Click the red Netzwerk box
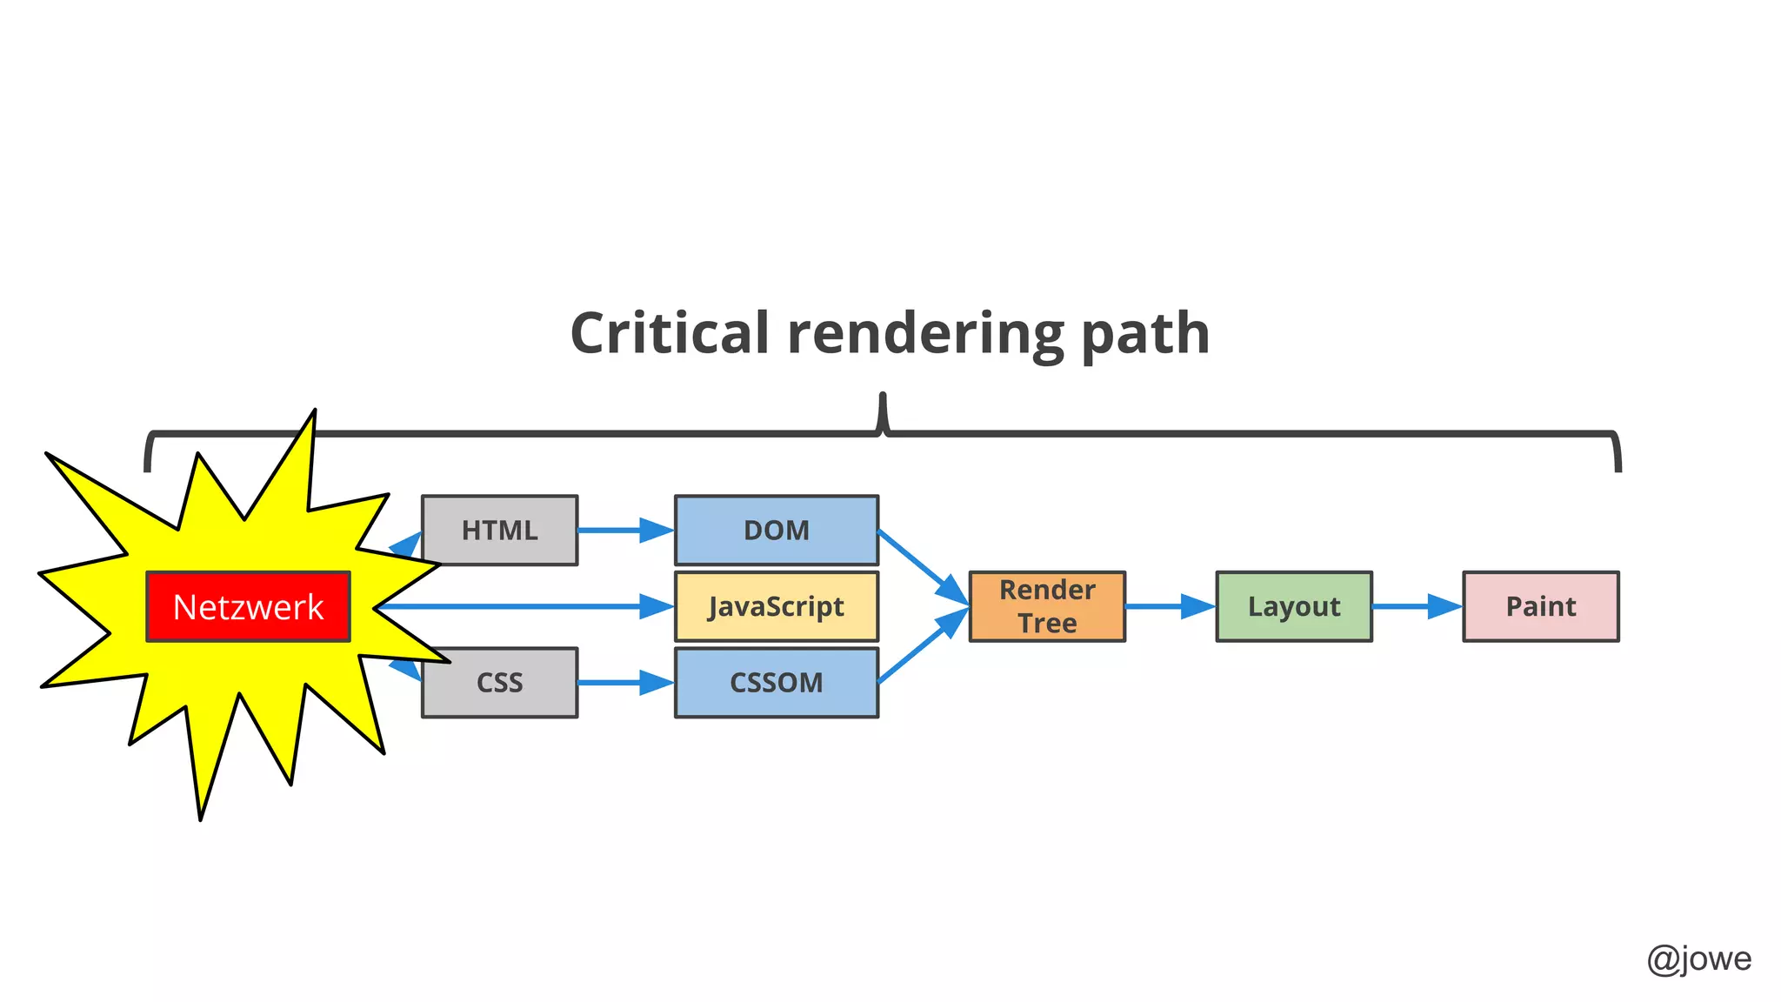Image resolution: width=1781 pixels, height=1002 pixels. coord(248,607)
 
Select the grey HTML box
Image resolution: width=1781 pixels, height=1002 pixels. coord(499,531)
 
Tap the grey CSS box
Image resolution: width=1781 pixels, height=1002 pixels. coord(499,683)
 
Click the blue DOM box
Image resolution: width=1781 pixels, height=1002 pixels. coord(776,531)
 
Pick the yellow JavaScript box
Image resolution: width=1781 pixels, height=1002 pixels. coord(776,607)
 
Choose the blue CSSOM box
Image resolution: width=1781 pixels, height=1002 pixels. coord(776,683)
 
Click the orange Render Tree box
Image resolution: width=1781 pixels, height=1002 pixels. coord(1047,607)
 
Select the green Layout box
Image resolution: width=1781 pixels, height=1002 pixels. coord(1294,607)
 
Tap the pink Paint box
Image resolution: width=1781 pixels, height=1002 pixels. coord(1540,607)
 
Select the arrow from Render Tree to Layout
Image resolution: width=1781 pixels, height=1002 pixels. coord(1169,606)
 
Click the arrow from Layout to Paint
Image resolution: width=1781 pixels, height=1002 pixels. coord(1416,606)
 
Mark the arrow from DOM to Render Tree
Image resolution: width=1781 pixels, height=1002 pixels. coord(922,566)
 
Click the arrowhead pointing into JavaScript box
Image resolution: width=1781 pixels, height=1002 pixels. coord(657,606)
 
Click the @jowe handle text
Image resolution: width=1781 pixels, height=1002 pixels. coord(1698,959)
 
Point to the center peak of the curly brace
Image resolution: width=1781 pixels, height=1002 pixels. coord(883,402)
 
